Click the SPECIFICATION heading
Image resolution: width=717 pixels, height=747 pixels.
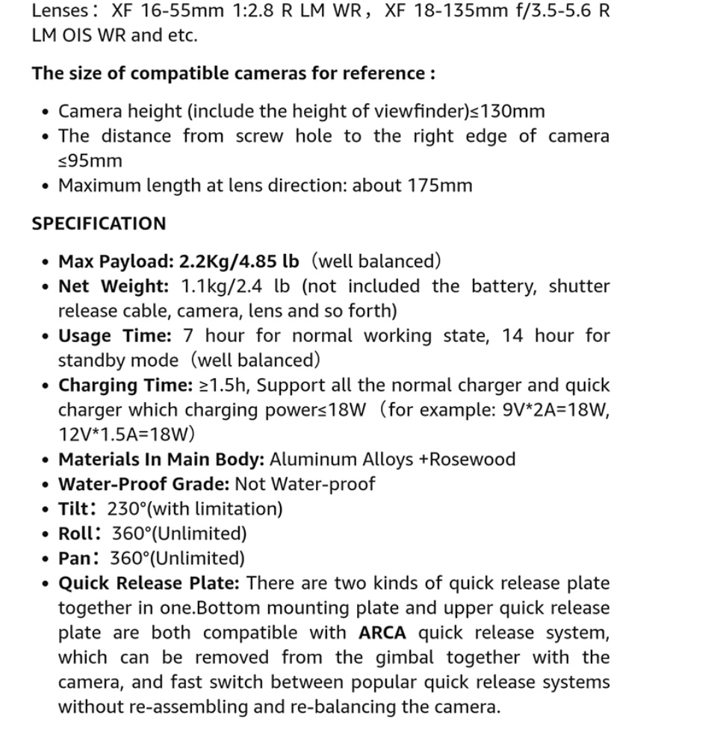(99, 223)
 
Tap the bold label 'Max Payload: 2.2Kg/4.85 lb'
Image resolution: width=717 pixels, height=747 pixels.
(179, 261)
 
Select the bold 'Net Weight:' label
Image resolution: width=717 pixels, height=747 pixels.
(114, 286)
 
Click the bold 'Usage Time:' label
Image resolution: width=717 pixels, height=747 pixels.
(114, 335)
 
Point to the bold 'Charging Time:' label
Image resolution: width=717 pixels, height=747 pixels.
(125, 385)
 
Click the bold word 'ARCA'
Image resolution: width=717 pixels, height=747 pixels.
(382, 633)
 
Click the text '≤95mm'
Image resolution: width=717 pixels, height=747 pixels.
(90, 161)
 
